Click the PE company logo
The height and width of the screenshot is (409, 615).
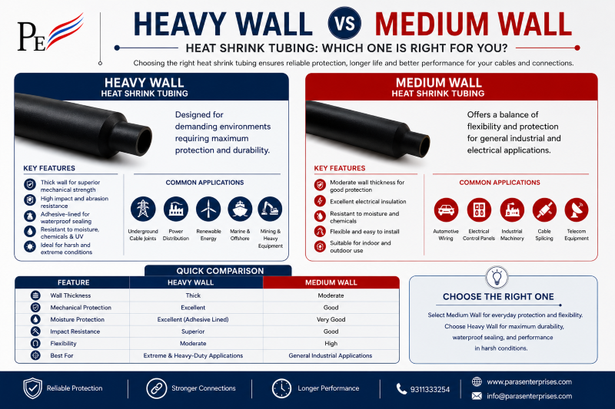[x=51, y=33]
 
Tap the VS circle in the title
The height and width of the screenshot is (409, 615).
[x=344, y=23]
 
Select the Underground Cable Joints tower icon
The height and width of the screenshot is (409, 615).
[x=143, y=209]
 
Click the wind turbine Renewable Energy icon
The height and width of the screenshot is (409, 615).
[x=208, y=209]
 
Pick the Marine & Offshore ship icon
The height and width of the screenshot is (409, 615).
[x=240, y=209]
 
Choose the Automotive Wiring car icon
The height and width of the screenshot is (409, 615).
[x=446, y=210]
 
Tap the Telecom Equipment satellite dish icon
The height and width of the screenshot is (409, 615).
[x=576, y=210]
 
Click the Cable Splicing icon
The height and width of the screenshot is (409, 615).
[x=544, y=210]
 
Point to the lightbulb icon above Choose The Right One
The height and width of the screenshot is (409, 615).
[x=497, y=277]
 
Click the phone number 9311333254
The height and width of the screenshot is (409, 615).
[x=430, y=389]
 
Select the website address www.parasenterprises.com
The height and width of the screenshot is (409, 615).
[x=529, y=382]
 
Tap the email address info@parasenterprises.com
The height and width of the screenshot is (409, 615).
[x=529, y=396]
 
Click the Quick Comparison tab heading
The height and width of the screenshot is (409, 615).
[x=220, y=271]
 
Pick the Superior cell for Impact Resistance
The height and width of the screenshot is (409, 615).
[x=193, y=331]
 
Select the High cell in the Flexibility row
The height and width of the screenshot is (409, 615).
[x=331, y=343]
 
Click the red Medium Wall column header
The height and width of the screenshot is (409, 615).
[x=331, y=282]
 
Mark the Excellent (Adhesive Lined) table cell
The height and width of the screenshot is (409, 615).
[x=193, y=319]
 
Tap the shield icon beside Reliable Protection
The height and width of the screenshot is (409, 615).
[x=32, y=388]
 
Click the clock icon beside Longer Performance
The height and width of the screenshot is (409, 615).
[x=281, y=388]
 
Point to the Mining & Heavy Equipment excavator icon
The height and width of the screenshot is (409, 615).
[x=270, y=209]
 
